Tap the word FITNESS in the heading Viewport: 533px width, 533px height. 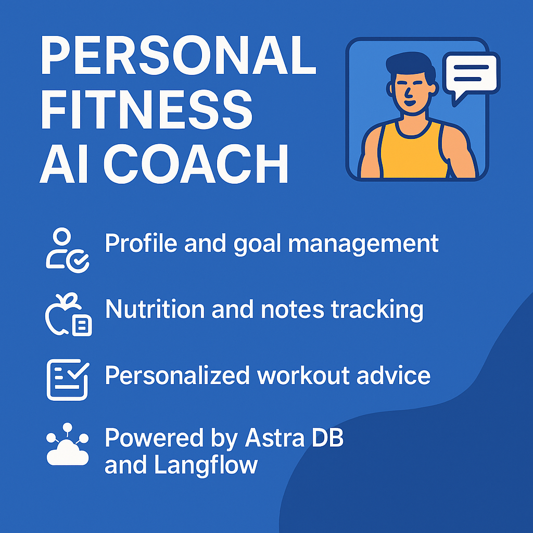[x=146, y=109]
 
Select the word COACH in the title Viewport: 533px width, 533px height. [x=196, y=163]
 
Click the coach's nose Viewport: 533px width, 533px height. [x=408, y=91]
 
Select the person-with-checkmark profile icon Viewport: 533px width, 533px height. [x=67, y=251]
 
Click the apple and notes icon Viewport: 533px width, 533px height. [x=68, y=314]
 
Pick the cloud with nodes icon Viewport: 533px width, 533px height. [x=67, y=445]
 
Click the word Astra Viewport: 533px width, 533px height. [x=275, y=437]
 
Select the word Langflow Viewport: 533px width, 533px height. [x=206, y=466]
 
